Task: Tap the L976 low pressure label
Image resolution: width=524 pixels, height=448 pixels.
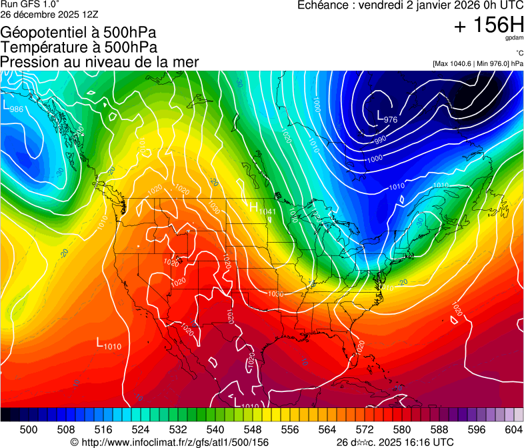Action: (387, 117)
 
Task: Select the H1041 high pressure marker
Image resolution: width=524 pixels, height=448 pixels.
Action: (262, 209)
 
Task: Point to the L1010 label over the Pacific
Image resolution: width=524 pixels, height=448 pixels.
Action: (109, 345)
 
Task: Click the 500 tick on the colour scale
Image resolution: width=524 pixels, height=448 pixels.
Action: (29, 430)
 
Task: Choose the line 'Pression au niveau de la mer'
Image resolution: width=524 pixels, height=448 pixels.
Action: (99, 62)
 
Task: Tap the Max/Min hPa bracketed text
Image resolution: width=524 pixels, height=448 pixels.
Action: (477, 63)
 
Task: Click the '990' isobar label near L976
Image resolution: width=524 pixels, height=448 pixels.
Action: (380, 140)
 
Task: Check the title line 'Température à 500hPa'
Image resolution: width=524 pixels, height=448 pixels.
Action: (79, 47)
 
